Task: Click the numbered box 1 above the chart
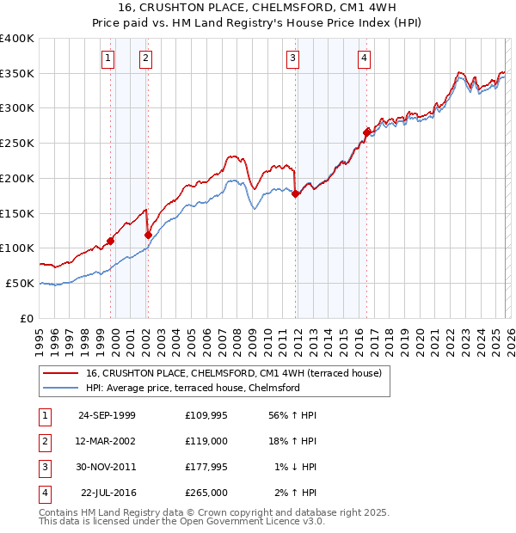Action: click(x=107, y=58)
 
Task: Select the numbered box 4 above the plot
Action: click(x=365, y=58)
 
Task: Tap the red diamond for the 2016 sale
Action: click(x=367, y=132)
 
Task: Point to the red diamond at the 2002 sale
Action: click(x=148, y=234)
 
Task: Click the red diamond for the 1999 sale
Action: click(x=111, y=241)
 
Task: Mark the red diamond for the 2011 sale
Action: click(x=296, y=193)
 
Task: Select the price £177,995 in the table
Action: click(x=206, y=467)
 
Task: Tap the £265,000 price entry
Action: click(x=206, y=493)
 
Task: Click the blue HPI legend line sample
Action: click(x=61, y=388)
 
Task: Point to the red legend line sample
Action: click(x=61, y=373)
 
